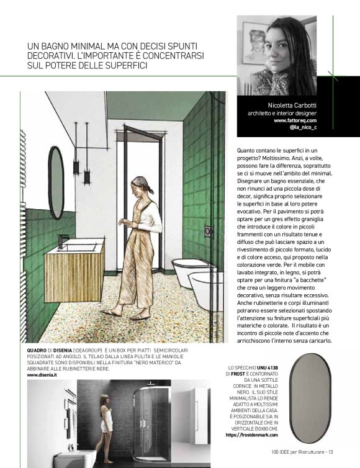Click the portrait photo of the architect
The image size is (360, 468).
pyautogui.click(x=277, y=56)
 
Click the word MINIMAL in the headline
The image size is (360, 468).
pyautogui.click(x=79, y=47)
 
